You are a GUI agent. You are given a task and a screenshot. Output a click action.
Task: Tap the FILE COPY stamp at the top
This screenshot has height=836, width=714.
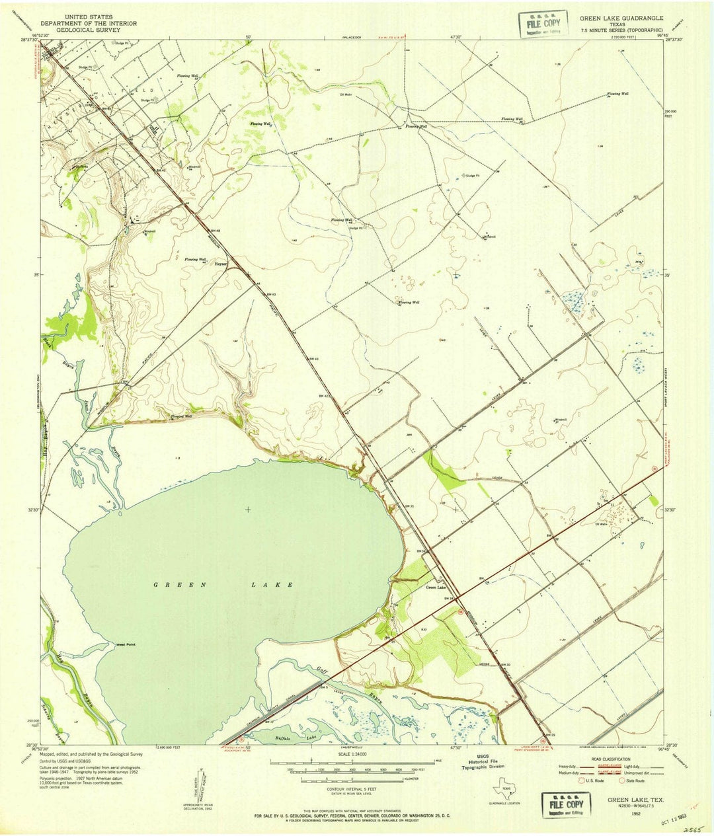click(x=543, y=24)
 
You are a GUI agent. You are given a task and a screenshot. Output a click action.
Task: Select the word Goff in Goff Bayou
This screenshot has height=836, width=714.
click(x=323, y=669)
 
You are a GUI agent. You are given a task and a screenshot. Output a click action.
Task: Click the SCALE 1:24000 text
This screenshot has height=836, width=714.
click(x=350, y=754)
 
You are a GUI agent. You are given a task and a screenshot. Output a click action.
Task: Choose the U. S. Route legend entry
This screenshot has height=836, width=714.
click(x=591, y=780)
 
